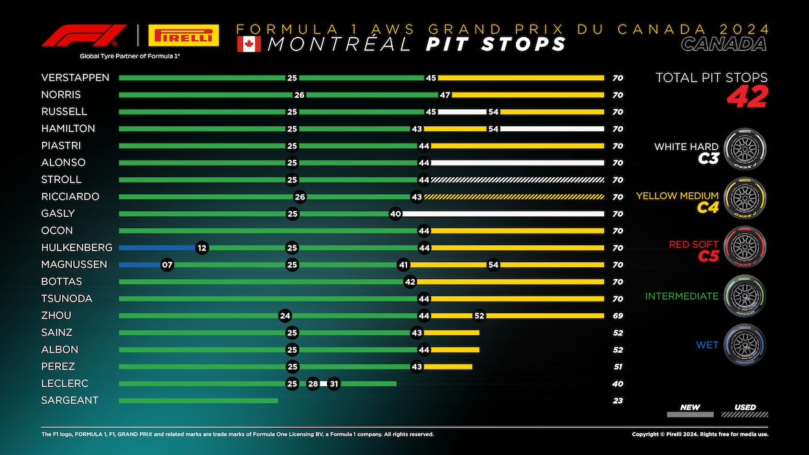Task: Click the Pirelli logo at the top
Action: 183,36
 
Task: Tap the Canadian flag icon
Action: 249,44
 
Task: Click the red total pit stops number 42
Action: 747,97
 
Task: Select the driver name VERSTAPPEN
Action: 75,78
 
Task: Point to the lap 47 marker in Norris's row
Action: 445,94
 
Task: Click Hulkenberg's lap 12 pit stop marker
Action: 202,248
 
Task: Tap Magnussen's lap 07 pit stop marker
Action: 167,265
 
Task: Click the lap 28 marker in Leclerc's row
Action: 313,384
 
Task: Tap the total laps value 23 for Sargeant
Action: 617,401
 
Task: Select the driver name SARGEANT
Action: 70,401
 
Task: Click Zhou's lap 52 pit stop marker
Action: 479,316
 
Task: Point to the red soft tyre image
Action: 744,247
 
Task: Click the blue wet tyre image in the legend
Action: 744,344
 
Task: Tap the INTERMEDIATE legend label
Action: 681,296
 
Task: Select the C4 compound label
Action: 707,208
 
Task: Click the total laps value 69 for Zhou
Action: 617,316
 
